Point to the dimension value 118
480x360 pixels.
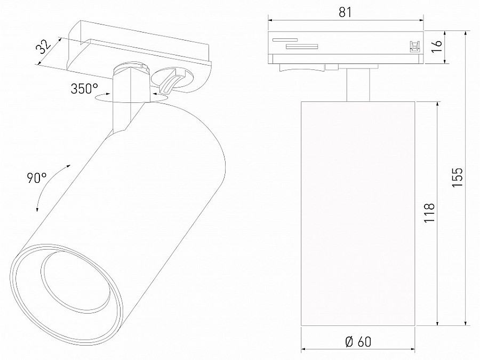pyautogui.click(x=430, y=212)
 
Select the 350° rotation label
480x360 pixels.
pyautogui.click(x=84, y=89)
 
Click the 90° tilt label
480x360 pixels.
pyautogui.click(x=37, y=178)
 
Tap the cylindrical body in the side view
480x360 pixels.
pyautogui.click(x=358, y=213)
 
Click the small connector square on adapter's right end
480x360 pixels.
pyautogui.click(x=412, y=46)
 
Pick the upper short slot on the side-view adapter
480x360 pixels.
pyautogui.click(x=284, y=39)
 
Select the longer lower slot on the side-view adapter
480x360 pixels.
pyautogui.click(x=301, y=46)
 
